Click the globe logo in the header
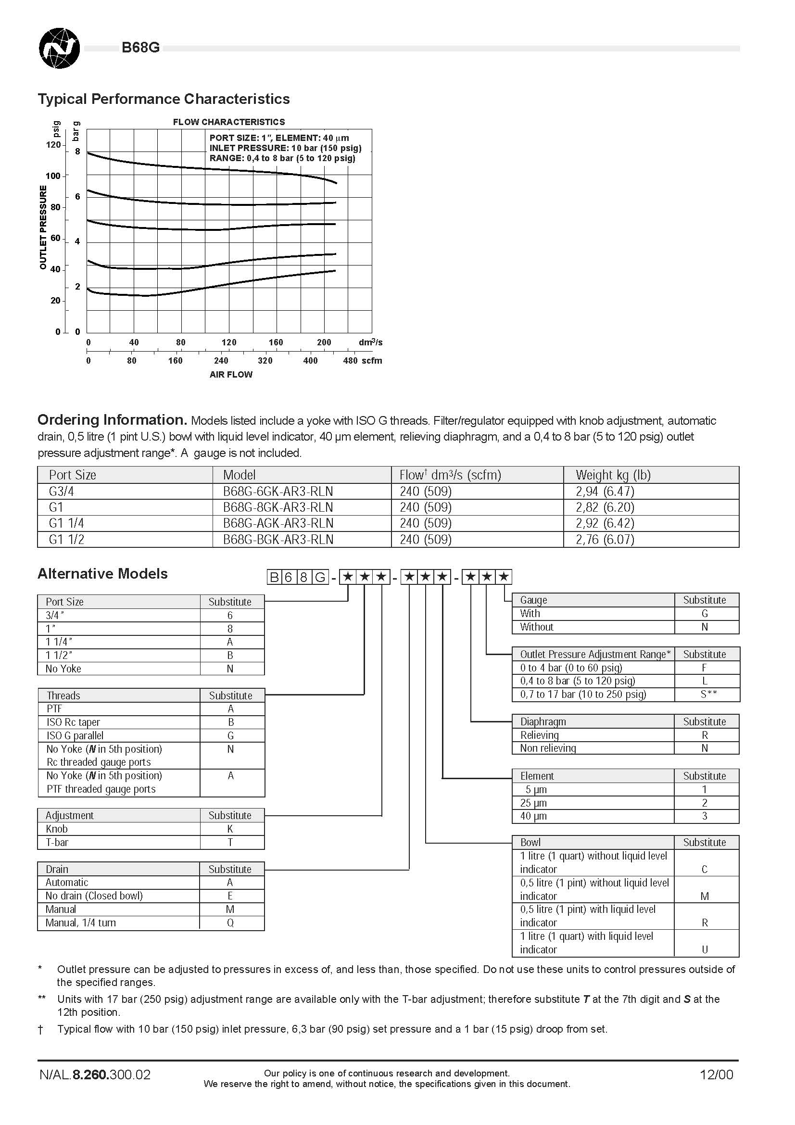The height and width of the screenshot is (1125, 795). pos(59,48)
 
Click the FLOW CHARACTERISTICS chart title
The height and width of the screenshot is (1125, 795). pos(228,122)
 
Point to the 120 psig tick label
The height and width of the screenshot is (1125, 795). pos(53,145)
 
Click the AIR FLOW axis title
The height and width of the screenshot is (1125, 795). pos(231,374)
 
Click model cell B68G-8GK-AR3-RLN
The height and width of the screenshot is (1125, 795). pos(278,507)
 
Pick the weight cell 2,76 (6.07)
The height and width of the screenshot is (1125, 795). pos(605,540)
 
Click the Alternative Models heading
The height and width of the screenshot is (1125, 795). pos(102,574)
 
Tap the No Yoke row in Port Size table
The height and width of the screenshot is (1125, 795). pos(63,669)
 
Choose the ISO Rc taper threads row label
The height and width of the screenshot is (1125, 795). pos(73,722)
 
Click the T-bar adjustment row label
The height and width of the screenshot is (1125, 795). pos(57,842)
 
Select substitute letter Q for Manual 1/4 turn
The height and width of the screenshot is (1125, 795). pos(230,923)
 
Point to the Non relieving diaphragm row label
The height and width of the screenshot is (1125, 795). pos(548,748)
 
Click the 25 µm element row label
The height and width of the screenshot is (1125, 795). pos(533,803)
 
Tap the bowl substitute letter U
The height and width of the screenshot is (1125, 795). pos(705,949)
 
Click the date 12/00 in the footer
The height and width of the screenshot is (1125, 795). pos(716,1074)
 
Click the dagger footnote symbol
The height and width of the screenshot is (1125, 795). pos(41,1029)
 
